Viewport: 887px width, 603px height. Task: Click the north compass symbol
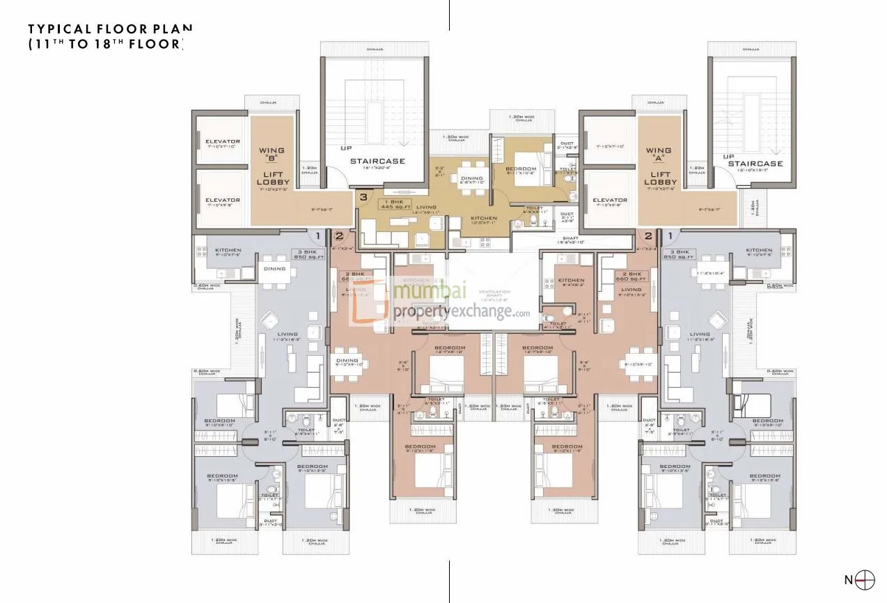(865, 579)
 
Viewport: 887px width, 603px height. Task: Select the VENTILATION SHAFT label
(494, 295)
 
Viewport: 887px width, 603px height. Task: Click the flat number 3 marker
(363, 198)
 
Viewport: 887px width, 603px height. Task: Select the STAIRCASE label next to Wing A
(755, 164)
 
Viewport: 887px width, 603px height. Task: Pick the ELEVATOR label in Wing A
(611, 200)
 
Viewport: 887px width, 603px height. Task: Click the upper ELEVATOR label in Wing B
(223, 142)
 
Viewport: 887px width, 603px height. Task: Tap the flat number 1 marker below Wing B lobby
(319, 236)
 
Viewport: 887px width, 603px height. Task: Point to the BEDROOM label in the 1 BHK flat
(521, 169)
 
